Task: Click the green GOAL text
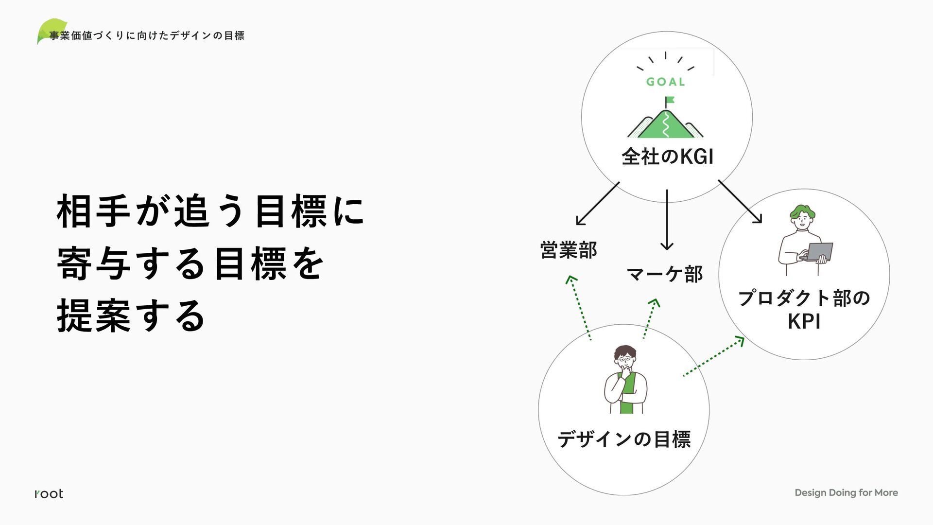point(665,82)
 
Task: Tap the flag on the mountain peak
point(670,100)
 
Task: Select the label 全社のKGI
point(667,157)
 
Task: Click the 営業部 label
point(569,250)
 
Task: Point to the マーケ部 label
point(664,274)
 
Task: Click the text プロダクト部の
point(804,298)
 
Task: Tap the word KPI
point(804,322)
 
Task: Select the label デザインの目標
point(624,439)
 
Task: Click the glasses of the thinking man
point(625,360)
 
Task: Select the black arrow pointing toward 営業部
point(597,204)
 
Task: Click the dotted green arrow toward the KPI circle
point(713,356)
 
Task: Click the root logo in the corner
point(49,494)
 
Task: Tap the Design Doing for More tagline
point(846,492)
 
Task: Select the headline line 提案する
point(131,316)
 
